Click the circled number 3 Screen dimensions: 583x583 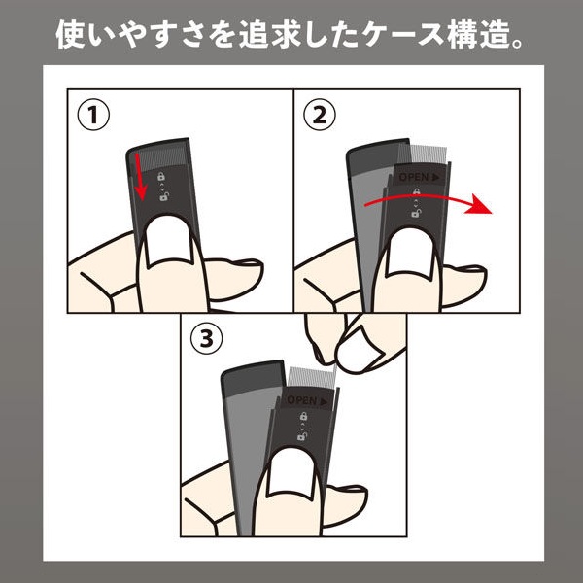(207, 339)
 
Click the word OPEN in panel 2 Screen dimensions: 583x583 (414, 177)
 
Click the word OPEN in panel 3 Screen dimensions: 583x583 (301, 400)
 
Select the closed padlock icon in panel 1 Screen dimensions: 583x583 (161, 176)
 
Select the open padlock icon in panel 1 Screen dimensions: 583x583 (164, 196)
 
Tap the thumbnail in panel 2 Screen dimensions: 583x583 (411, 255)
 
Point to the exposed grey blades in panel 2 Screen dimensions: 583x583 (423, 154)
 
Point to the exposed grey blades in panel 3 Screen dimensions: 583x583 (312, 377)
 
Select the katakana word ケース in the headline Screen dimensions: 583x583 (404, 34)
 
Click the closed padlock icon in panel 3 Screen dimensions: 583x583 (303, 416)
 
